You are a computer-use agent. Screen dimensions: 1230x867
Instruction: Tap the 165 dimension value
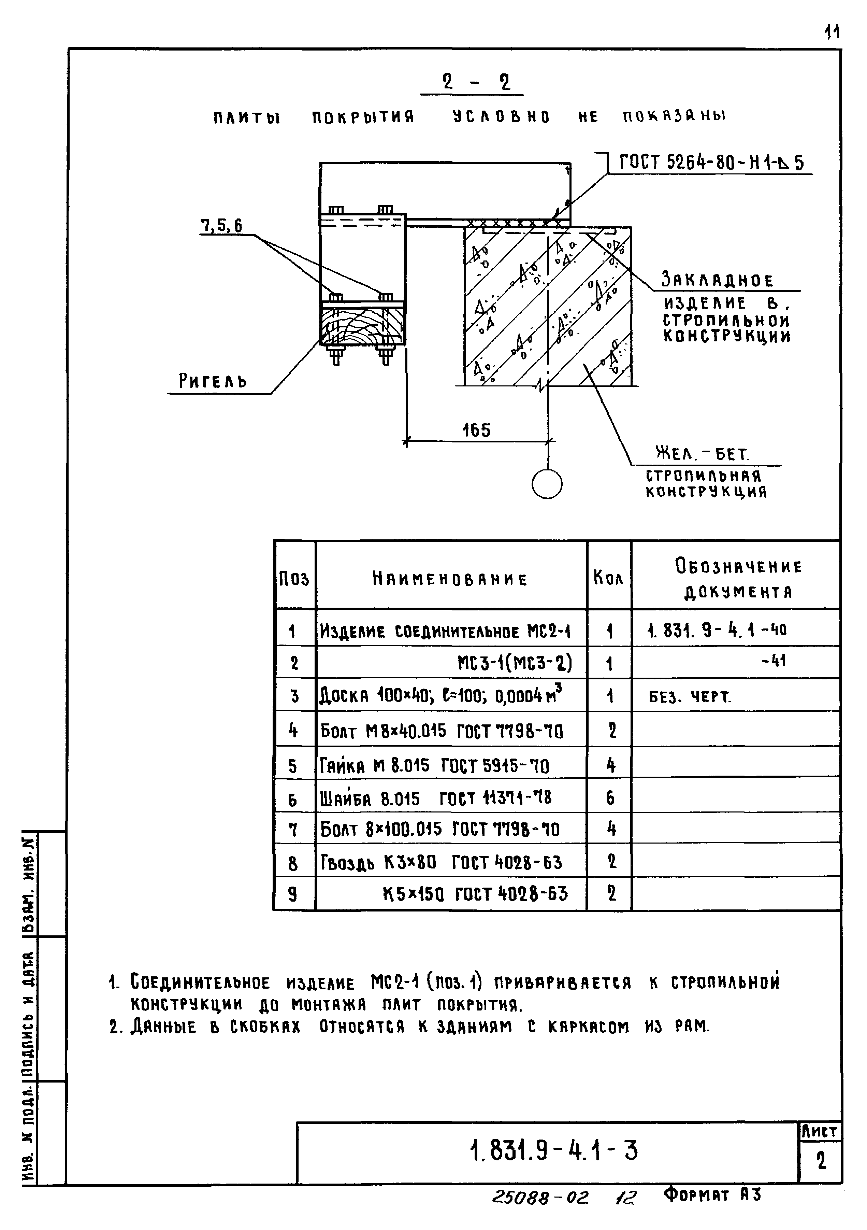(476, 430)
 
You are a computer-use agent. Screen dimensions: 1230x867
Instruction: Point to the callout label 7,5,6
(221, 226)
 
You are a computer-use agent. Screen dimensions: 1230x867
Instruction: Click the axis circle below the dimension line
(547, 484)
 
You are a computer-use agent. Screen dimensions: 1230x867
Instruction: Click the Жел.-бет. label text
(702, 454)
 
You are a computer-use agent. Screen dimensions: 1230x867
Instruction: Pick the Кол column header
(609, 578)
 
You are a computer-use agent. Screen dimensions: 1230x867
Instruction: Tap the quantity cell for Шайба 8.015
(610, 799)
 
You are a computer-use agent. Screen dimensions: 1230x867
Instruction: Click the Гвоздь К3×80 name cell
(441, 862)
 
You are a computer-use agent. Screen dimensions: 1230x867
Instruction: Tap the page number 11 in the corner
(832, 33)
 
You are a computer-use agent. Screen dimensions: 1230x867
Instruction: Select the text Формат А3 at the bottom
(712, 1194)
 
